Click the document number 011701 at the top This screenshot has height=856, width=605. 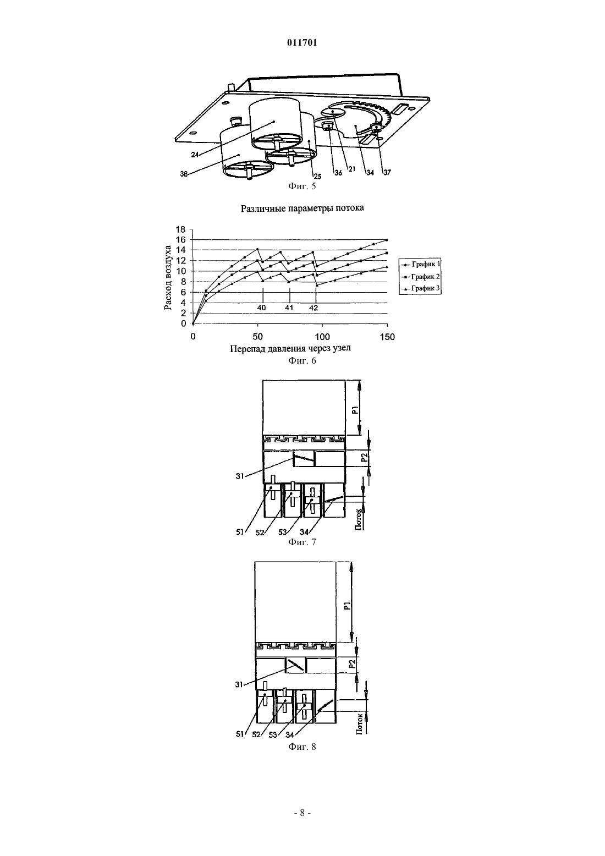point(302,43)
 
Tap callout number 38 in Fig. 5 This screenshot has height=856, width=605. point(184,174)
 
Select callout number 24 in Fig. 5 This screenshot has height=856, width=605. point(195,155)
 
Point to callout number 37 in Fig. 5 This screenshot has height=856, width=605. point(387,172)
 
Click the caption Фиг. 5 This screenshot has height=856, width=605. point(302,186)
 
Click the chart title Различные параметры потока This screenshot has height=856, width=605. point(302,208)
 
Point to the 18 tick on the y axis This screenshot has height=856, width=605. point(180,229)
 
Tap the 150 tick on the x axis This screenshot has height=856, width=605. point(388,337)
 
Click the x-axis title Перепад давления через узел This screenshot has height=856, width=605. point(290,349)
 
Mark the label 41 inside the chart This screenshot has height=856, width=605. point(289,308)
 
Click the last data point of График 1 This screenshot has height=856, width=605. point(387,240)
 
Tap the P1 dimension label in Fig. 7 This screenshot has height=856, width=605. point(355,410)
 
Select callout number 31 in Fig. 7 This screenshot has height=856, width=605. point(240,476)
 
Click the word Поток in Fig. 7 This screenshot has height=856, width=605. point(359,520)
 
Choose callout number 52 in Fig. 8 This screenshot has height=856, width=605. point(256,734)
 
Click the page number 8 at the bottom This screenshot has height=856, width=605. point(302,813)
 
